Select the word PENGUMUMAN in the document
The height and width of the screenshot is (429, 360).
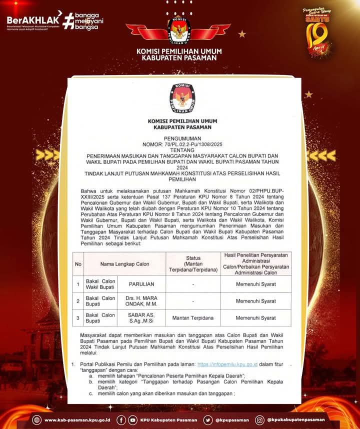181,138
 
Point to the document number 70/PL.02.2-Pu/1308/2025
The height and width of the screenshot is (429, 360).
181,144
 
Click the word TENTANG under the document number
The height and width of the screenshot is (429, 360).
181,150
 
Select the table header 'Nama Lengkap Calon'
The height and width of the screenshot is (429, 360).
124,263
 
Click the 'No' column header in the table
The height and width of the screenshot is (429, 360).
78,263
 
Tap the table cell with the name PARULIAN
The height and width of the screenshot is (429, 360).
141,284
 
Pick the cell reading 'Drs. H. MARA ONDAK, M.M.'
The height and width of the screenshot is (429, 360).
141,301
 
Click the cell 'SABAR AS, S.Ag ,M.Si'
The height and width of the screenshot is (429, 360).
141,317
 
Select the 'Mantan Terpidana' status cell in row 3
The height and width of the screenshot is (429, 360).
193,318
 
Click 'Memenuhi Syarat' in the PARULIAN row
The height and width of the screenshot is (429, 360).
255,284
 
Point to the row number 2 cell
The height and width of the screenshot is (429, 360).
78,301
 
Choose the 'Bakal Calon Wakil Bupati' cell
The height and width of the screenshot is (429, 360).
100,284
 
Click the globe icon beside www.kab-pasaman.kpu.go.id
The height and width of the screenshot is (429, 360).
37,420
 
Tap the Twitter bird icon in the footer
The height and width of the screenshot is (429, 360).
208,420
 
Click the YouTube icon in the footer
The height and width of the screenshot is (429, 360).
132,420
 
